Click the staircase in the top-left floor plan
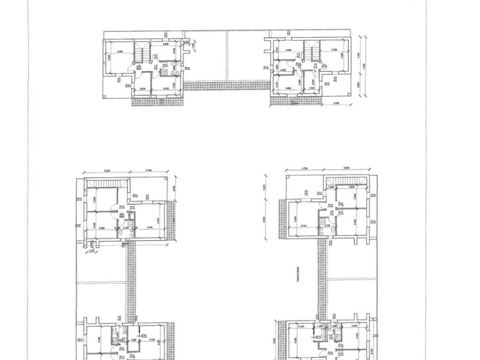click(x=142, y=52)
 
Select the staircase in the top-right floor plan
click(x=311, y=52)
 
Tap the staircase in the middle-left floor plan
click(x=107, y=183)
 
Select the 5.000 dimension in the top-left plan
click(x=120, y=52)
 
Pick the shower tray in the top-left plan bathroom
click(x=165, y=65)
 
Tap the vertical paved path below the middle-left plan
click(x=131, y=281)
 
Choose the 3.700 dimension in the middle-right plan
click(x=304, y=225)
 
